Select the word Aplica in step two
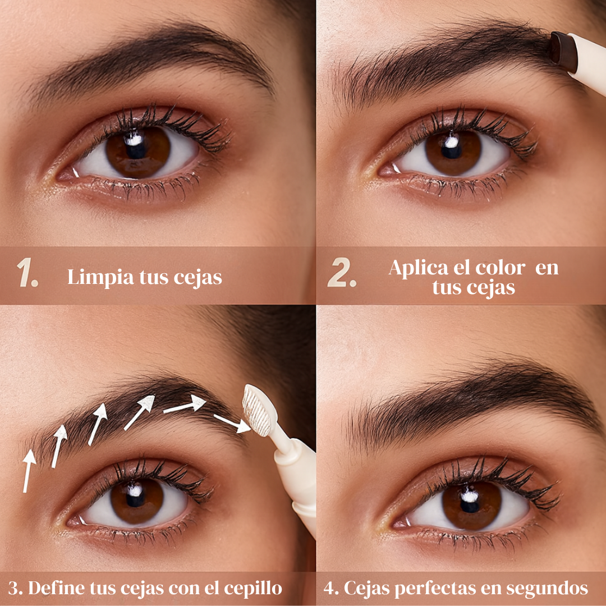click(418, 268)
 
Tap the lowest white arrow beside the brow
click(29, 471)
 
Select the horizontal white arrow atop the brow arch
click(185, 405)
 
